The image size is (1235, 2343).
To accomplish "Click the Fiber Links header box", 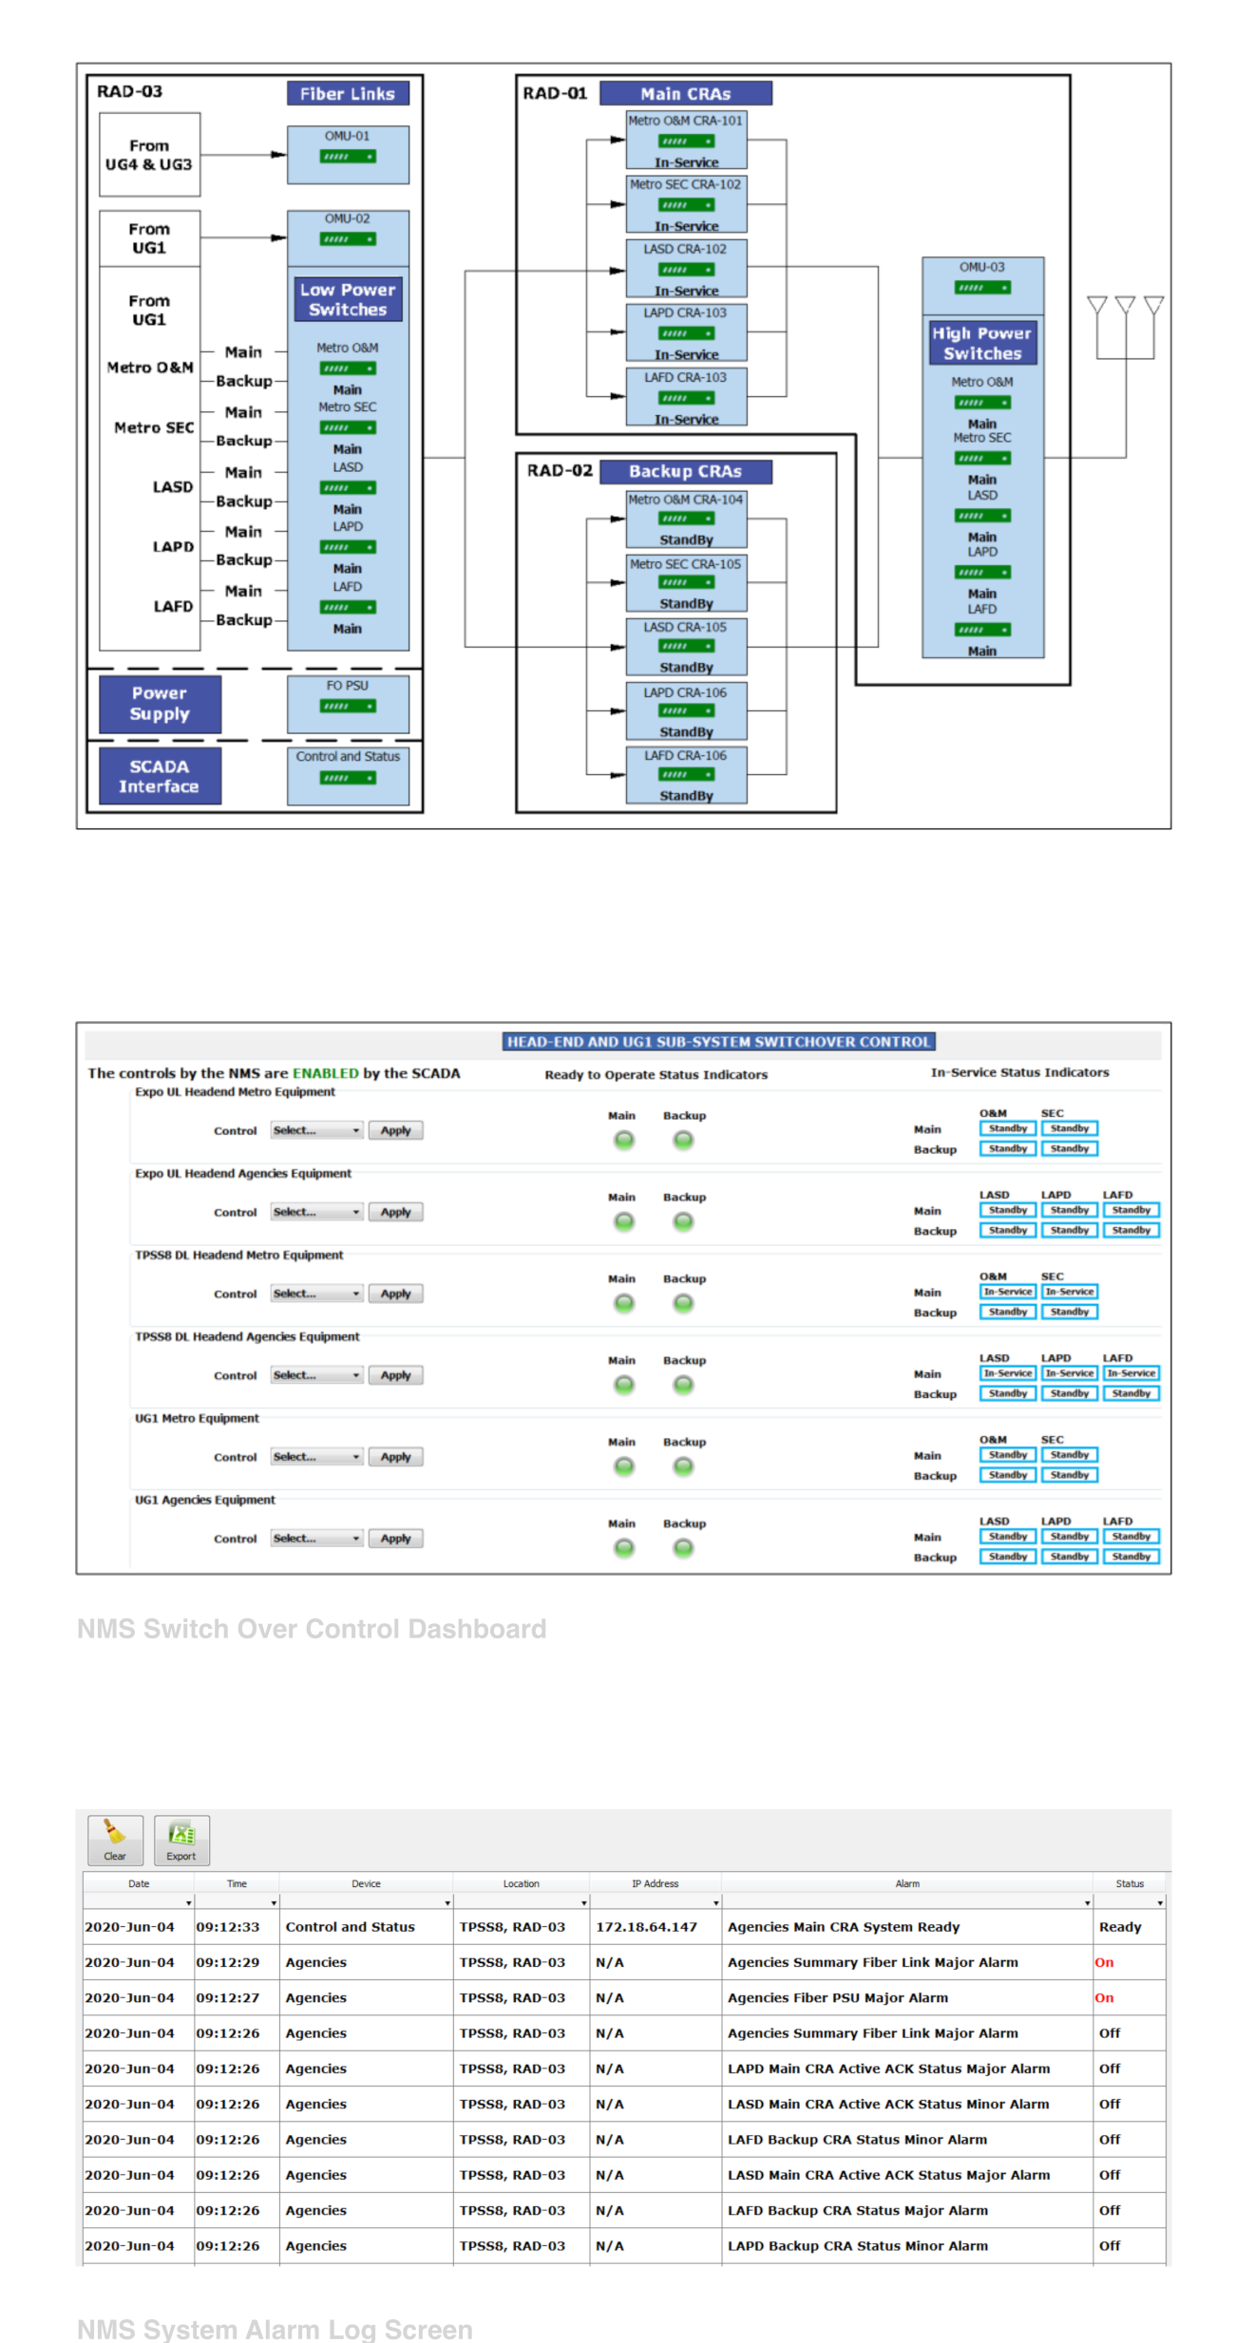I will click(348, 93).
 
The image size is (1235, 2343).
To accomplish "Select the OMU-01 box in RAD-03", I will click(348, 154).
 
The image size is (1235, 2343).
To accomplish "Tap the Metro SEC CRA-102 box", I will click(686, 204).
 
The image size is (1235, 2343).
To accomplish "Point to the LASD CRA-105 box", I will click(686, 647).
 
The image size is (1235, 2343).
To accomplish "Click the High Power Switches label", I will click(982, 343).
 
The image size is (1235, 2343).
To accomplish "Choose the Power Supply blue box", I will click(160, 704).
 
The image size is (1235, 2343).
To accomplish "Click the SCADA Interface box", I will click(160, 776).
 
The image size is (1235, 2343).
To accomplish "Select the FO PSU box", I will click(348, 704).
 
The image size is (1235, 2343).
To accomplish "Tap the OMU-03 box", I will click(982, 285).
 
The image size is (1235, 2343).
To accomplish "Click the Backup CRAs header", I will click(685, 471).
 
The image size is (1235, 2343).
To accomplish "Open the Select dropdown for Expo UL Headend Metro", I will click(316, 1130).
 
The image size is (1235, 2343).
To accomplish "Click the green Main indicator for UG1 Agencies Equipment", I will click(623, 1548).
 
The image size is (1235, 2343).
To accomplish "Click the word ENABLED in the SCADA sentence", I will click(325, 1073).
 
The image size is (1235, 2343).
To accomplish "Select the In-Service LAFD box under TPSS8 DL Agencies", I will click(1130, 1373).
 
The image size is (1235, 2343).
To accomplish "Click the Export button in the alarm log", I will click(181, 1841).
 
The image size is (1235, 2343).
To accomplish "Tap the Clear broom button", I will click(115, 1841).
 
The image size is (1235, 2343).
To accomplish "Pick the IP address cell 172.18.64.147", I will click(646, 1927).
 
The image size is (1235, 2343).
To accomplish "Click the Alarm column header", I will click(906, 1883).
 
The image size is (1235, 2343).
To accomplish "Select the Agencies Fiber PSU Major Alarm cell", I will click(837, 1997).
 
